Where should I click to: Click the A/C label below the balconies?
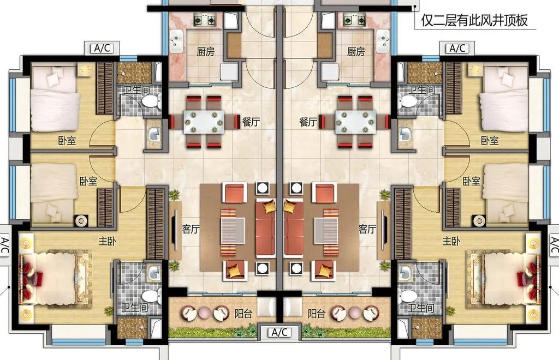coord(279,333)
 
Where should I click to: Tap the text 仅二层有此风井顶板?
coord(474,20)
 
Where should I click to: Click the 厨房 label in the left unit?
coord(206,52)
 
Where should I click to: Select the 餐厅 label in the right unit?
coord(308,122)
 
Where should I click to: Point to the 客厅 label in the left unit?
coord(191,229)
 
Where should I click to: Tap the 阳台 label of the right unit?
coord(317,313)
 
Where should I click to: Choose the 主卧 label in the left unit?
coord(108,242)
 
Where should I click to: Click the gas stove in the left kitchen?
coord(205,19)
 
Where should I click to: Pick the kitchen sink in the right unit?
coord(383,41)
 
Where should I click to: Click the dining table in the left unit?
coord(204,122)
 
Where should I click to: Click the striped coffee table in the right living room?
coord(326,232)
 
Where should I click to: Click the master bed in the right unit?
coord(503,278)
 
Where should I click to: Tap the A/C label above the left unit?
coord(102,48)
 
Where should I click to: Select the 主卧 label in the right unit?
coord(451,242)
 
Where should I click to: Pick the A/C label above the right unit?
coord(457,48)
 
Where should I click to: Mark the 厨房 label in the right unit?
coord(356,52)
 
